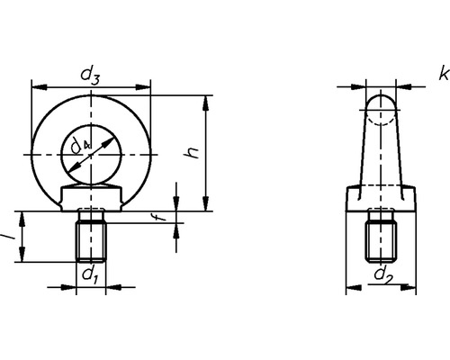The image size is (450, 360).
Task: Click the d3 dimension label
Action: click(91, 76)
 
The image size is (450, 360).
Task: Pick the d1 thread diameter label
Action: click(89, 274)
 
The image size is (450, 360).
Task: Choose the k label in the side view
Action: click(443, 71)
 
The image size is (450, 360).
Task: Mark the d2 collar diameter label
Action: click(382, 273)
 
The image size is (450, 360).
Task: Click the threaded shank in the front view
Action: click(90, 238)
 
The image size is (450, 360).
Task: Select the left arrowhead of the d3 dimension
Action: click(36, 88)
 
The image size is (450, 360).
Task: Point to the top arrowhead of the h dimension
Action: click(208, 102)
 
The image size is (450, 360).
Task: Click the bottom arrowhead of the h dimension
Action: click(208, 204)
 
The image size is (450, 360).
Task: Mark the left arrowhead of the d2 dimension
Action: click(351, 288)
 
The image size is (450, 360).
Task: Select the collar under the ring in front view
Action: click(90, 195)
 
